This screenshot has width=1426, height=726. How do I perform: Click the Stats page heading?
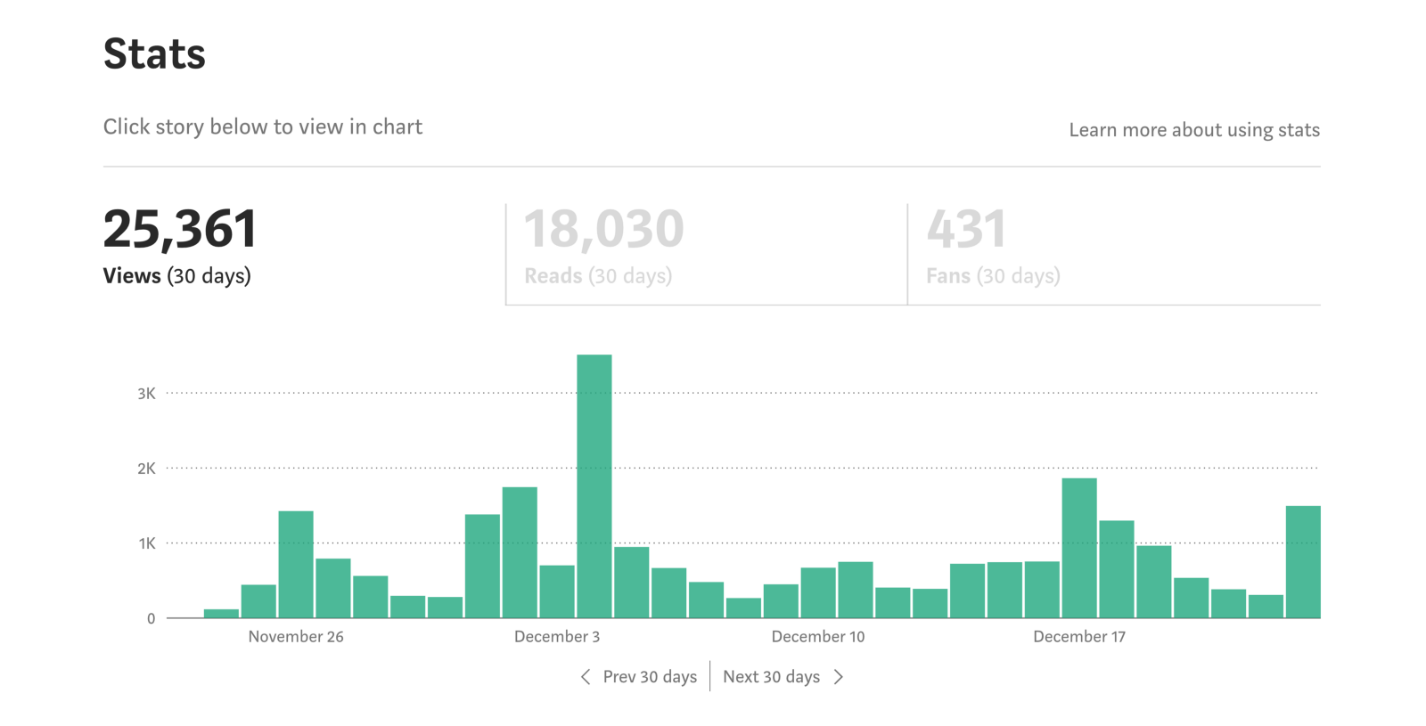tap(154, 54)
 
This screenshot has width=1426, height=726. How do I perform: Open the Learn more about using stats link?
tap(1193, 130)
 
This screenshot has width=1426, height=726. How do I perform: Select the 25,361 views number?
tap(180, 229)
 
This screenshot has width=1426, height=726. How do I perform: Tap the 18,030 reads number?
tap(603, 229)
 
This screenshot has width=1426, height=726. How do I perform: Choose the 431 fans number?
tap(966, 229)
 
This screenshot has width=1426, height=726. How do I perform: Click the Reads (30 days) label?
tap(598, 276)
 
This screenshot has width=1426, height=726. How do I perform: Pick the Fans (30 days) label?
tap(993, 276)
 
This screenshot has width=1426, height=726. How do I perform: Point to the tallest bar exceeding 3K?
tap(594, 485)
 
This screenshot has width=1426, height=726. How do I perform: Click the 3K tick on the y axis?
tap(146, 394)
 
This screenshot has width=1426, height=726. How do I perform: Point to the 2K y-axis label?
tap(146, 469)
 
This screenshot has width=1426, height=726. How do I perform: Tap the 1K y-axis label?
tap(146, 543)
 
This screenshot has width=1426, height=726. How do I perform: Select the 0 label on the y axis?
tap(151, 618)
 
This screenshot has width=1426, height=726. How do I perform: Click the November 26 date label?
tap(296, 637)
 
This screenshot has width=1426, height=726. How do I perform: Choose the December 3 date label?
tap(557, 637)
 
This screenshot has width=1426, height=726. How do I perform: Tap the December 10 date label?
tap(818, 637)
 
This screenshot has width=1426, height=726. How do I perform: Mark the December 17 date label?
tap(1079, 637)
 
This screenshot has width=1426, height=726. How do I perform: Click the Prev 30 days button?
tap(639, 677)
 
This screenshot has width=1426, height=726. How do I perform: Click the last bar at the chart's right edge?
tap(1303, 562)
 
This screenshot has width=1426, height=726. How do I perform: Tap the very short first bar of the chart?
tap(221, 613)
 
